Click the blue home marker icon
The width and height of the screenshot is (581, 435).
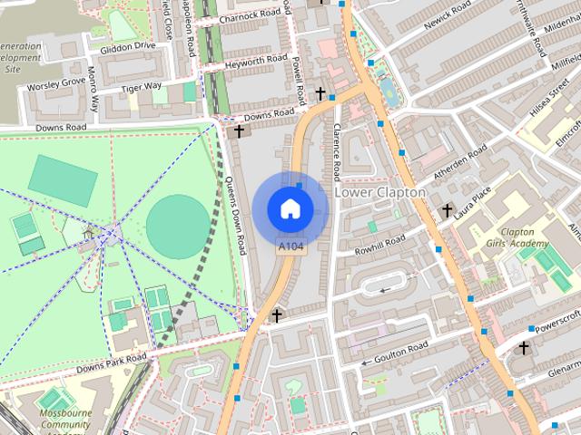tap(290, 208)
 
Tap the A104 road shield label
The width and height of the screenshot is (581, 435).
tap(290, 246)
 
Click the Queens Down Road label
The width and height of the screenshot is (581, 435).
tap(234, 213)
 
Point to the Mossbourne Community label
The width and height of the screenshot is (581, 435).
tap(61, 422)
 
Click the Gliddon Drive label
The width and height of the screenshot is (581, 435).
tap(128, 45)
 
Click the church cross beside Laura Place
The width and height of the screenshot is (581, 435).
tap(447, 211)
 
